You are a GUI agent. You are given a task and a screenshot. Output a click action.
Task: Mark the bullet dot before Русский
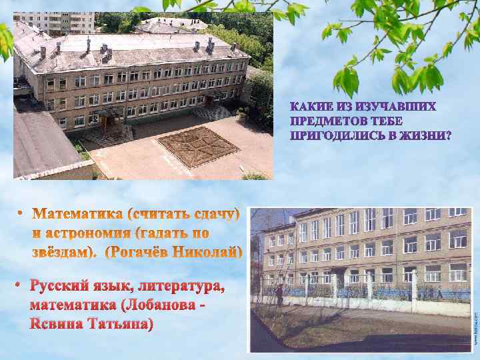point(20,287)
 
